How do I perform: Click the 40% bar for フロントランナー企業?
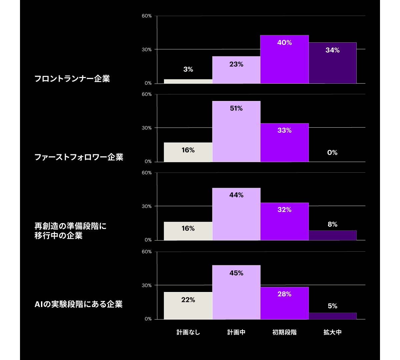(x=284, y=59)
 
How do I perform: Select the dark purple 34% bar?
(x=332, y=63)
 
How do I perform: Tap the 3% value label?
(x=188, y=69)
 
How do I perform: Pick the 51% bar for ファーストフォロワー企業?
(x=236, y=132)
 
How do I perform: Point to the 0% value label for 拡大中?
(x=332, y=153)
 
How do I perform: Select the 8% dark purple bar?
(x=332, y=235)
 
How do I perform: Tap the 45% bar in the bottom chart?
(x=236, y=292)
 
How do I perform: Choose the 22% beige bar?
(x=188, y=306)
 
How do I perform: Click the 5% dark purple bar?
(x=332, y=316)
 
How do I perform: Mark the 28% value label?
(x=284, y=294)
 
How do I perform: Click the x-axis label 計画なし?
(x=188, y=332)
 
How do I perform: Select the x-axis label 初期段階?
(x=284, y=332)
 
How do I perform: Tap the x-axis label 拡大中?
(x=332, y=332)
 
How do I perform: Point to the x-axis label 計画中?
(x=236, y=332)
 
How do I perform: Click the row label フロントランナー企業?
(x=72, y=79)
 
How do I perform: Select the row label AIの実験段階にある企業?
(x=79, y=304)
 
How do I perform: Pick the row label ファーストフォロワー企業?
(x=79, y=157)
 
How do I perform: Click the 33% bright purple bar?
(x=284, y=143)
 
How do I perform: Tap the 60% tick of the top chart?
(x=147, y=16)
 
